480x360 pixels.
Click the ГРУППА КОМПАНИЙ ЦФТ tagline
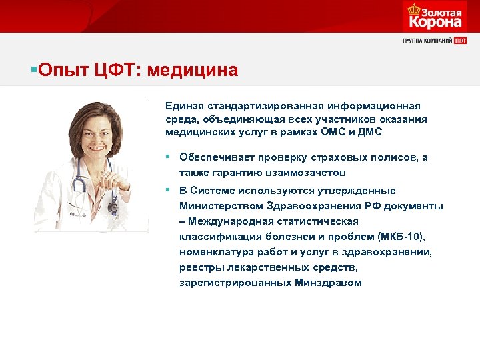434,41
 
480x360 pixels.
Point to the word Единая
183,107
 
